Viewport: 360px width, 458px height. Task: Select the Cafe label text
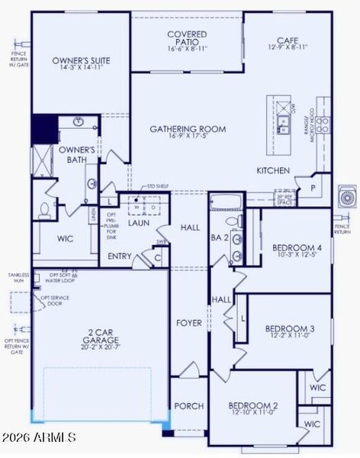tap(288, 44)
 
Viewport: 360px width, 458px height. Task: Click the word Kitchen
tap(273, 170)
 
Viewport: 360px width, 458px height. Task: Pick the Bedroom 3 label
tap(290, 333)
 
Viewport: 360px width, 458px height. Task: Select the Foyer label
tap(189, 323)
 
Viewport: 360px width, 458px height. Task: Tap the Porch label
tap(188, 405)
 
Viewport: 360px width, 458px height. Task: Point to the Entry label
tap(121, 256)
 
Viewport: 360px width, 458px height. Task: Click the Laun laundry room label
tap(137, 223)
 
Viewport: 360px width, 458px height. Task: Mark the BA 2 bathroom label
tap(220, 238)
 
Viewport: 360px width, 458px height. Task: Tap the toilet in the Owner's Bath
tap(44, 208)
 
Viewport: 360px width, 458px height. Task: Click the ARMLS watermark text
tap(38, 437)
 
